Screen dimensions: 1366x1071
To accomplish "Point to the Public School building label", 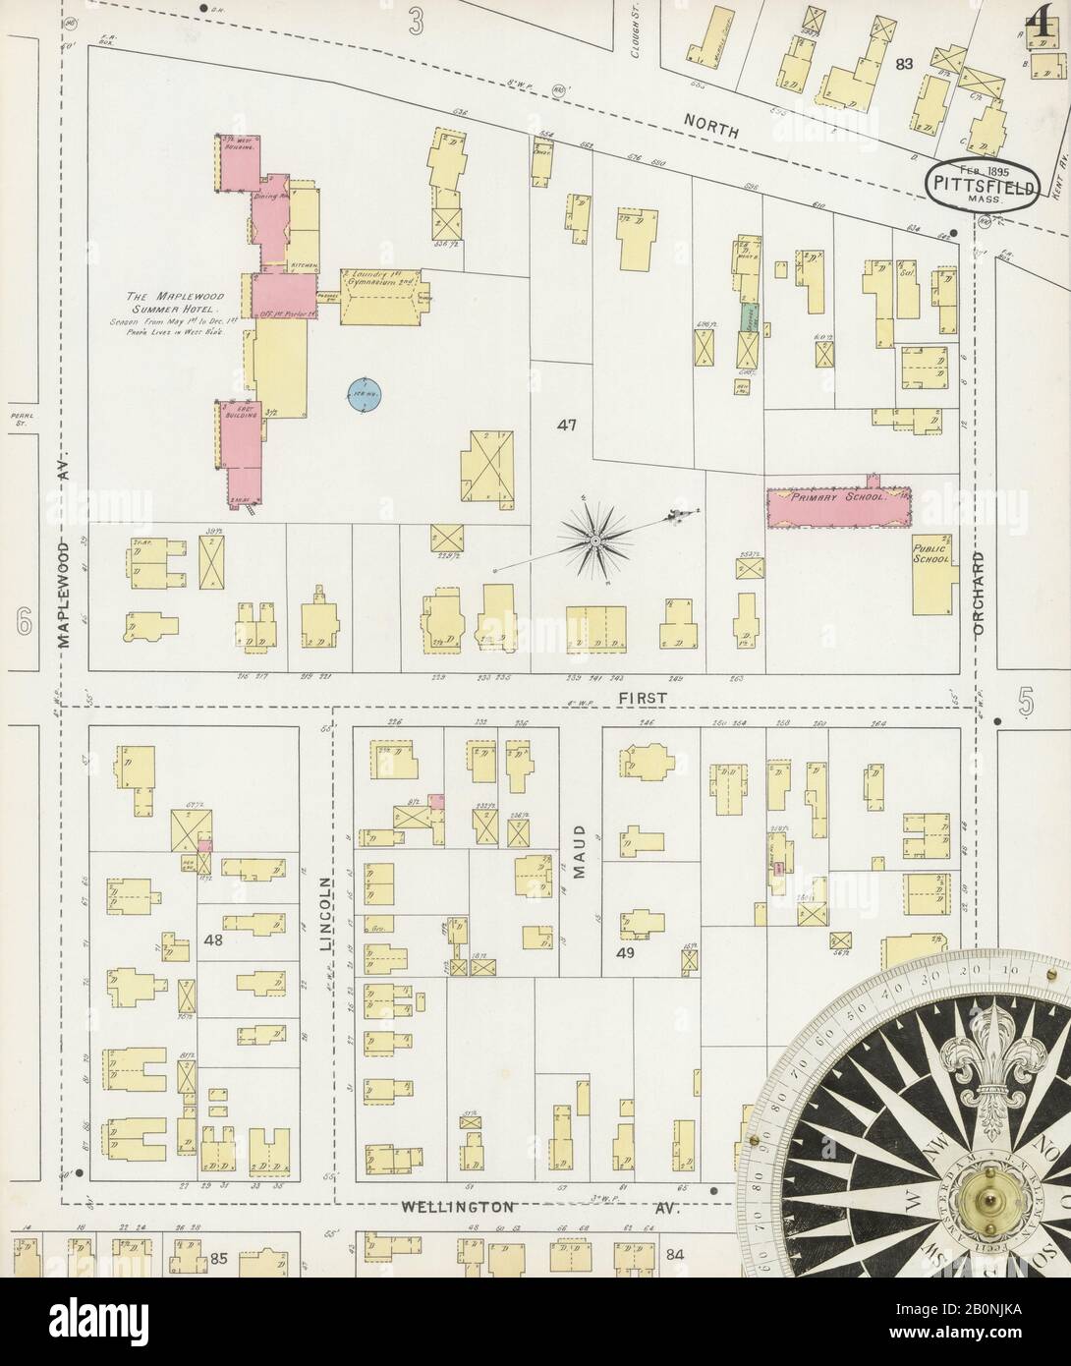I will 931,553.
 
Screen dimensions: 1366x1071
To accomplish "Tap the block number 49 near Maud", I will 625,952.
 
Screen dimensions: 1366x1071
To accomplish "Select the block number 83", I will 904,64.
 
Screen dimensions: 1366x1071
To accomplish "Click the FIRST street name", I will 644,697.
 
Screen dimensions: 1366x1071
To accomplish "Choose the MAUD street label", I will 580,850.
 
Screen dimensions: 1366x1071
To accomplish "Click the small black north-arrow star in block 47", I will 595,541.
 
